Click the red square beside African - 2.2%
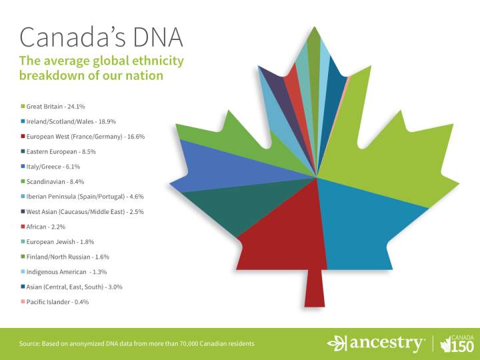click(23, 227)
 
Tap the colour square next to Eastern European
click(23, 152)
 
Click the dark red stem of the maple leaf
click(315, 287)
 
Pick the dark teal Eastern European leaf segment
click(220, 203)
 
